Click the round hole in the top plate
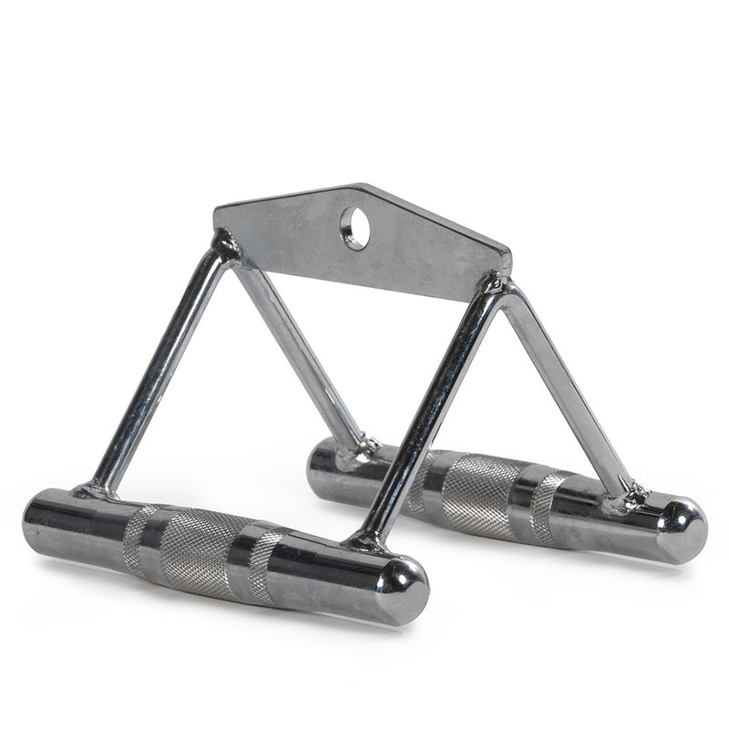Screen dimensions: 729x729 (x=354, y=228)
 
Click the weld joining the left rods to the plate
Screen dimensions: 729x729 (x=223, y=246)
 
